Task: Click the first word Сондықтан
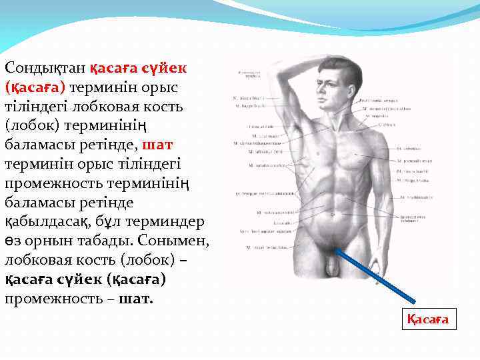45,68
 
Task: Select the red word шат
158,145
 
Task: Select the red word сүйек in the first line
164,68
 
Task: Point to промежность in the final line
55,298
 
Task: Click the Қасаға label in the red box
428,320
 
